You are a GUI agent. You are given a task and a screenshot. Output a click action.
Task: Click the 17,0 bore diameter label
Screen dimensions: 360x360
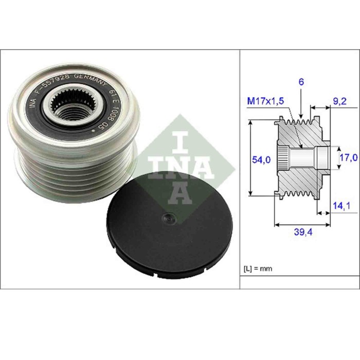(x=348, y=158)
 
